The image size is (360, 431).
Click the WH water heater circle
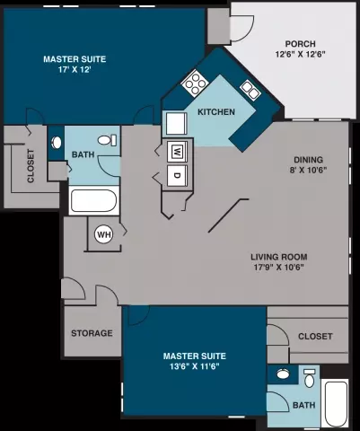[103, 234]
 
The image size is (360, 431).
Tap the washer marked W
[177, 151]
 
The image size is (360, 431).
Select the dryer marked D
[177, 176]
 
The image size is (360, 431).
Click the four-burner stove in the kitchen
[195, 83]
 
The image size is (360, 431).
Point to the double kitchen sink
[250, 90]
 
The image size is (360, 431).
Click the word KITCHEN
[216, 112]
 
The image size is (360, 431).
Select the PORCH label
[300, 44]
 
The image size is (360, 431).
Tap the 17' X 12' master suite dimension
[75, 70]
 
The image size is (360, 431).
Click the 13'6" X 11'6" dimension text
[195, 366]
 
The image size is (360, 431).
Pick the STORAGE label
[92, 333]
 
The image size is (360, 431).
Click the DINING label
[308, 160]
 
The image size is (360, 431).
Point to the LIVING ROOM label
[279, 257]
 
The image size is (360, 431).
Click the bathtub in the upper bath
[94, 200]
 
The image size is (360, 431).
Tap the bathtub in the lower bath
[335, 403]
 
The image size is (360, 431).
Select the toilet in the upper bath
[107, 140]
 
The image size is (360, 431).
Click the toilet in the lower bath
[310, 378]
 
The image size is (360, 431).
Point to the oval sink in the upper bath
[57, 143]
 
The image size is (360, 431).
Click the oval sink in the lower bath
[283, 374]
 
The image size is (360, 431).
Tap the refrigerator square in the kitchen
[176, 124]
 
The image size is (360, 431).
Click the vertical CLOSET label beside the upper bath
[31, 166]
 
